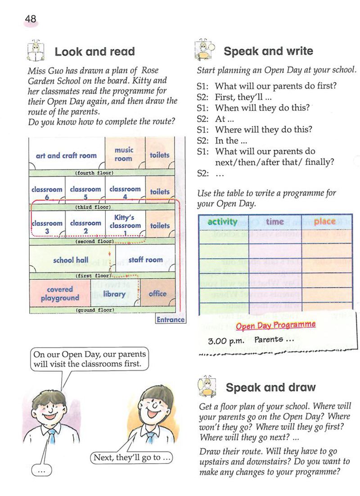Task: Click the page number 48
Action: [31, 19]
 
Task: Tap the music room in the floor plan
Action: [123, 154]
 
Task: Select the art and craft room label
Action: [66, 156]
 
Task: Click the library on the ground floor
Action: [114, 294]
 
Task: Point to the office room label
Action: [157, 294]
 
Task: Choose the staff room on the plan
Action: [145, 260]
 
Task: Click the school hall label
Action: [71, 260]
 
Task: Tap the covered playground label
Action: [60, 294]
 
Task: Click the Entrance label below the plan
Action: [171, 320]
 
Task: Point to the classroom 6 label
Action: [47, 193]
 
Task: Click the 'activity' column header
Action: [222, 222]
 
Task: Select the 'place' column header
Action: [325, 221]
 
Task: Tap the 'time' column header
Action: [274, 222]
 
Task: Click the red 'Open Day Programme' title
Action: [275, 325]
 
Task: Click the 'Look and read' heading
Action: [94, 52]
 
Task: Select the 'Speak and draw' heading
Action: [270, 388]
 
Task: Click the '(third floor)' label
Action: [93, 207]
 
